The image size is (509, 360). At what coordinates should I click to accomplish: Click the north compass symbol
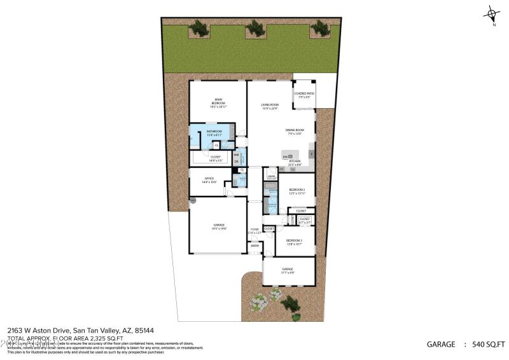[x=491, y=13]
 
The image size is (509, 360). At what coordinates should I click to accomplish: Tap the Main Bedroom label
[x=218, y=100]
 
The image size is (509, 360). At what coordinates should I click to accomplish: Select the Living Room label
[x=270, y=104]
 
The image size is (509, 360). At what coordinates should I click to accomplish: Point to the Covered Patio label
[x=304, y=93]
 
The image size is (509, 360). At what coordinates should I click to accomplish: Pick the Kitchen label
[x=295, y=161]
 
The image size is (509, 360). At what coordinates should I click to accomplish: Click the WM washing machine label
[x=236, y=155]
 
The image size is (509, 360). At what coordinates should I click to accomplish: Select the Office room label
[x=209, y=178]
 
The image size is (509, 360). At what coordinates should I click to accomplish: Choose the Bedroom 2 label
[x=297, y=190]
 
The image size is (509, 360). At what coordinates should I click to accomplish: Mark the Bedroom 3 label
[x=294, y=240]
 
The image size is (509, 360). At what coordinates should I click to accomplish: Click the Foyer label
[x=254, y=229]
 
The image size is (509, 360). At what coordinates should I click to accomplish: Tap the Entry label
[x=254, y=246]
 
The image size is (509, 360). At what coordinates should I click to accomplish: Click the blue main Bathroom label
[x=214, y=131]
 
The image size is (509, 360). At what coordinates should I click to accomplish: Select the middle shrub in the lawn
[x=255, y=27]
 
